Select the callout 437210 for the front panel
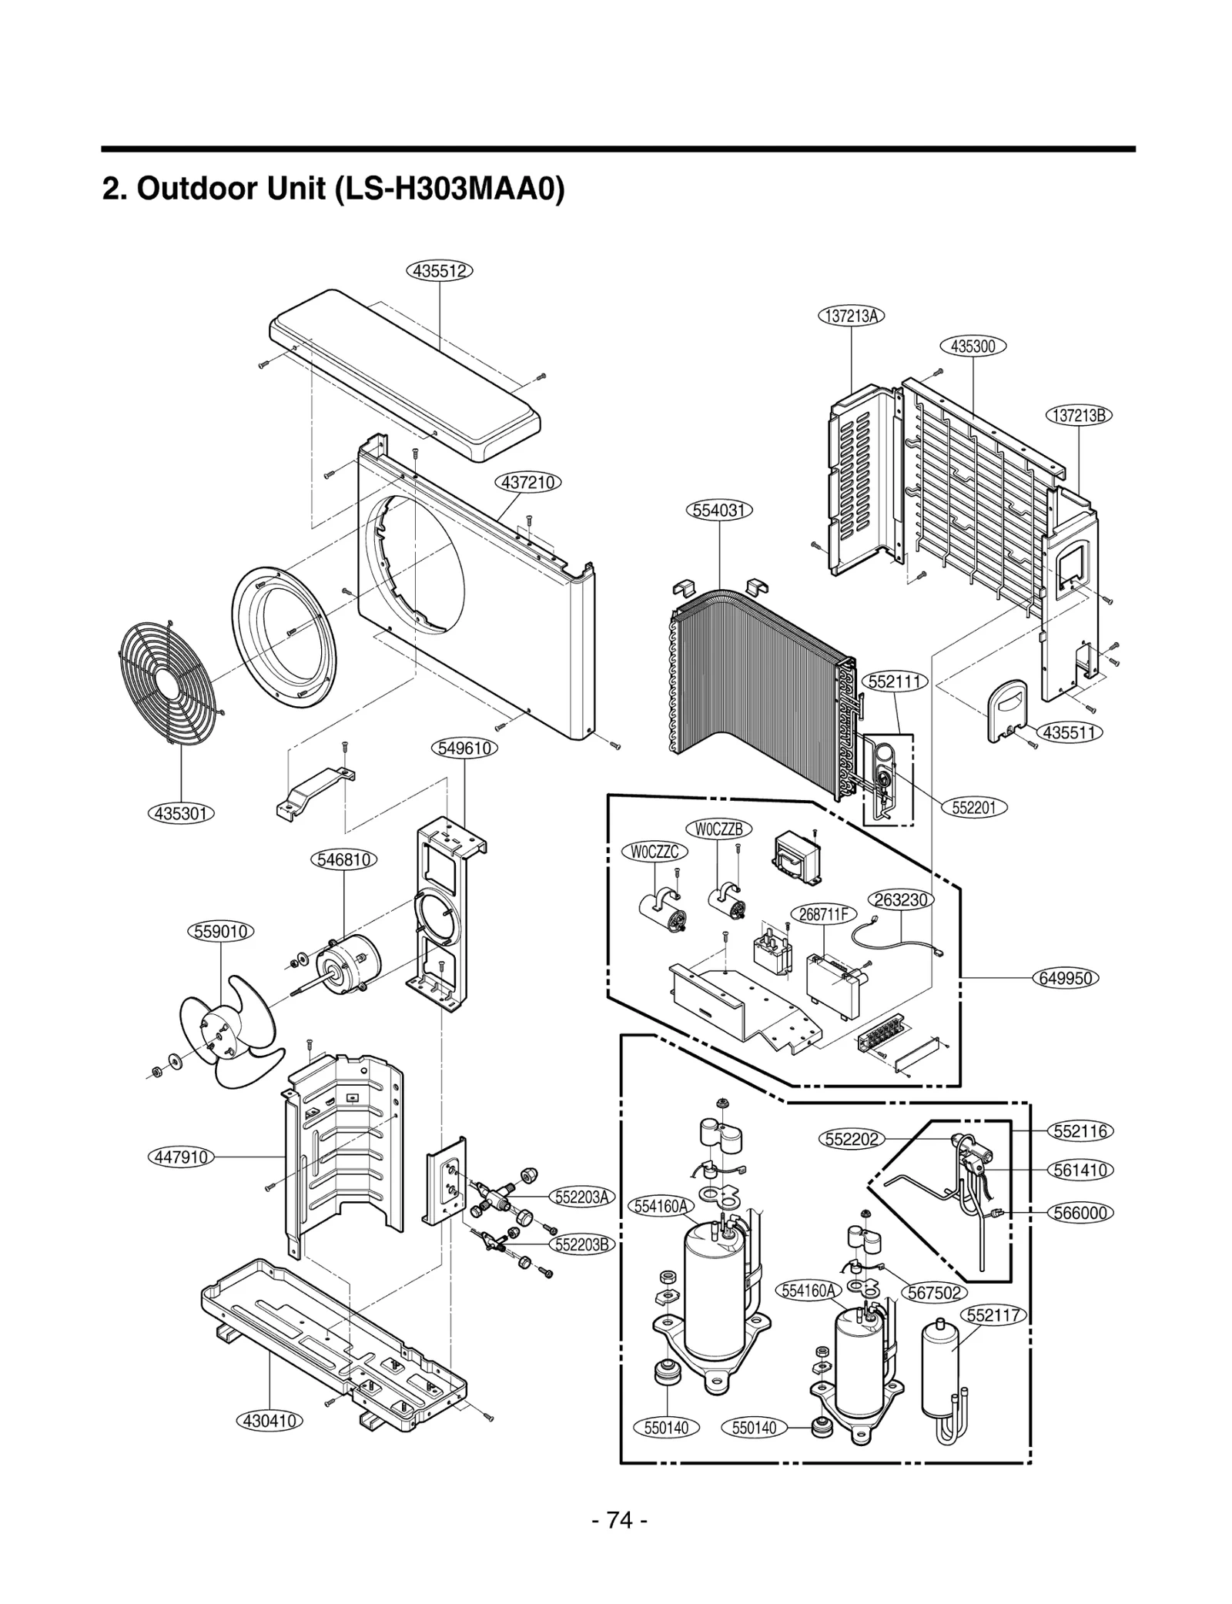(x=527, y=483)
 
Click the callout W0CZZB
(x=718, y=829)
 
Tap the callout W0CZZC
(x=654, y=852)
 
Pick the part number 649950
(x=1065, y=978)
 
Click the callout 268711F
(x=823, y=914)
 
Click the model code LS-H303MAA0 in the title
(x=450, y=189)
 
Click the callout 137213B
(x=1079, y=415)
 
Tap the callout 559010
(x=220, y=931)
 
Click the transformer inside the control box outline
(x=795, y=856)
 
